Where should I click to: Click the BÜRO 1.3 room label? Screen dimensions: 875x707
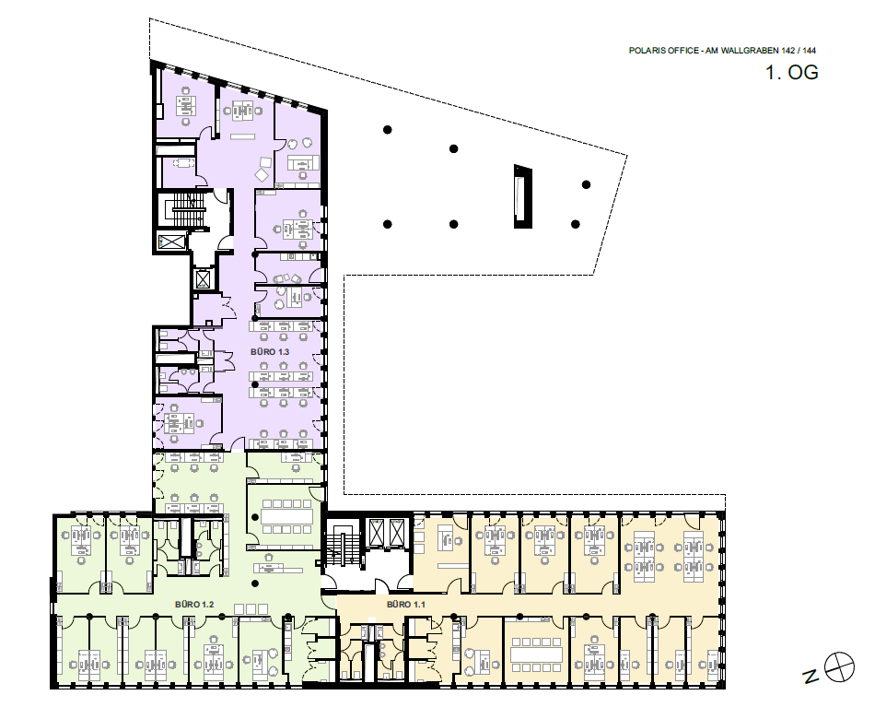tap(270, 352)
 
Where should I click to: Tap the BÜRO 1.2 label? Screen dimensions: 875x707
tap(194, 605)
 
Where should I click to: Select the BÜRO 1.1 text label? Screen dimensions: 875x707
tap(405, 605)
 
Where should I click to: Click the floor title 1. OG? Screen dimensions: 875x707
tap(792, 73)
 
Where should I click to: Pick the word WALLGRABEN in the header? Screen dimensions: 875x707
tap(750, 51)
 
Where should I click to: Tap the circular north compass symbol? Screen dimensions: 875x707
tap(839, 666)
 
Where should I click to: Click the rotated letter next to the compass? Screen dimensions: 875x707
tap(811, 677)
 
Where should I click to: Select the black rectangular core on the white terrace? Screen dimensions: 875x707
tap(523, 196)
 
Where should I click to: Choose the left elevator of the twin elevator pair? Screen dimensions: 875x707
tap(377, 531)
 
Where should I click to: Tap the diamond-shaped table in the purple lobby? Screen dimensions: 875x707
tap(262, 175)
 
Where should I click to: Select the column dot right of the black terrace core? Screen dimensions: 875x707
tap(586, 185)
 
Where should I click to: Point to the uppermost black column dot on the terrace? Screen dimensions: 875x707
tap(387, 130)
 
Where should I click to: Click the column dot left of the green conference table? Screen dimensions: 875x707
tap(254, 516)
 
